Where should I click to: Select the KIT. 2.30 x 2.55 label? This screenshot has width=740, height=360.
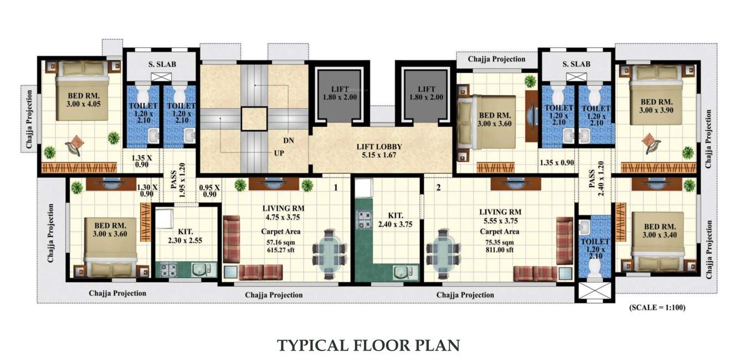click(185, 236)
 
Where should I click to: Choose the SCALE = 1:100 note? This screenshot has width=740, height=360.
click(657, 307)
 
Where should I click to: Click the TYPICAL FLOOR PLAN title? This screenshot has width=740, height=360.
click(368, 346)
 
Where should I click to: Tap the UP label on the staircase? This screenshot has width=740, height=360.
click(278, 153)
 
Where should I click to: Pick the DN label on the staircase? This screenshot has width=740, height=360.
click(288, 141)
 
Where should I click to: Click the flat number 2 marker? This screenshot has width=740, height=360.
click(438, 188)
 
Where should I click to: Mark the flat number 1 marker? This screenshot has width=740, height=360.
click(335, 188)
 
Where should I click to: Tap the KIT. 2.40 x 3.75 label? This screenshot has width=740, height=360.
click(395, 220)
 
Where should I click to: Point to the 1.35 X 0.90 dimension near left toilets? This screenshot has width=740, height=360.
click(142, 161)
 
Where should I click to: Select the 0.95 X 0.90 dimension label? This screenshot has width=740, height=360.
click(209, 191)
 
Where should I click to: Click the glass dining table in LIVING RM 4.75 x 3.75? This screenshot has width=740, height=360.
click(330, 248)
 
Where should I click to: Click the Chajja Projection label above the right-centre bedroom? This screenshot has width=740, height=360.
click(496, 59)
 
